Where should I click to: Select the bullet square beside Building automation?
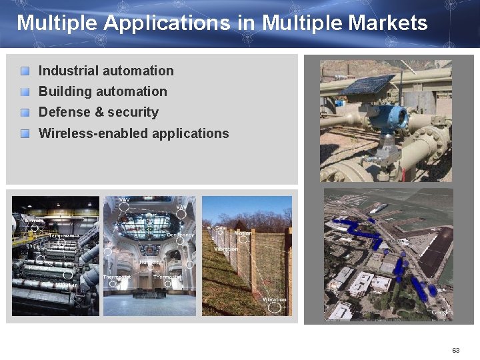(x=25, y=91)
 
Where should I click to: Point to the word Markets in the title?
(x=388, y=23)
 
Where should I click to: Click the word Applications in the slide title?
(x=167, y=23)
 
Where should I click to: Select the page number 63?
(x=456, y=350)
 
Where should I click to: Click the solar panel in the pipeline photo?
(x=369, y=85)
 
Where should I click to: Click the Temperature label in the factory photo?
(x=64, y=235)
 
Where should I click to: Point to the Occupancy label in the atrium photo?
(x=181, y=235)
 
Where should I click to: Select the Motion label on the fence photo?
(x=243, y=233)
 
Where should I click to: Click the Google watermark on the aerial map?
(x=440, y=311)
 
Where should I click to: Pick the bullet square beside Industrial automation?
(x=25, y=71)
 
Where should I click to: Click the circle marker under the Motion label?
(x=243, y=240)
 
